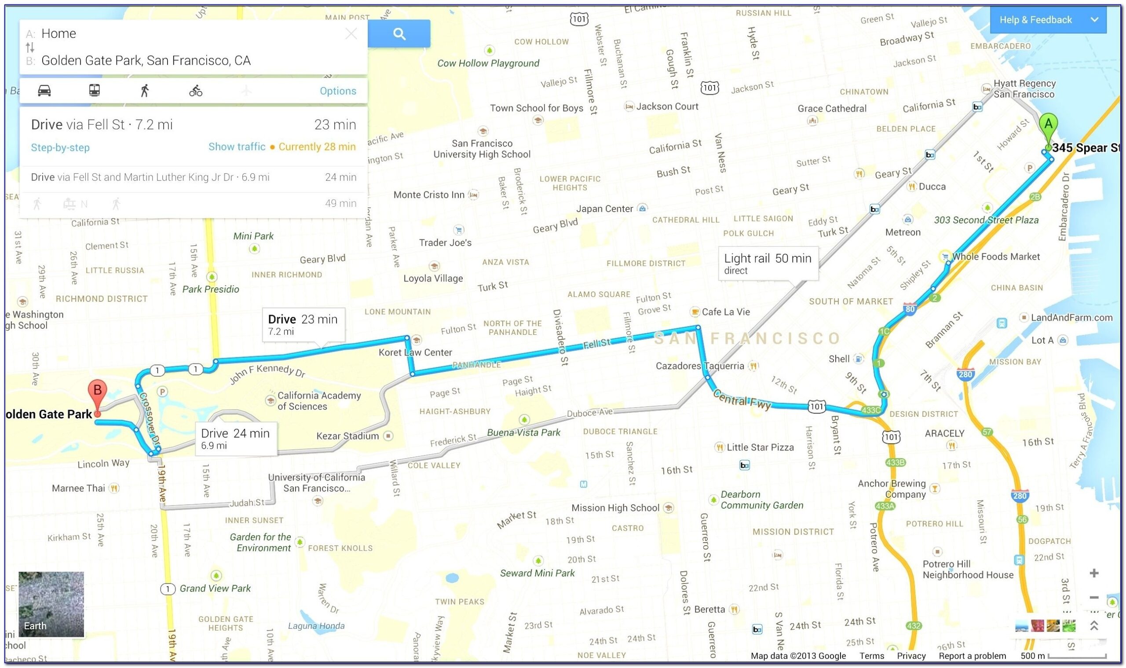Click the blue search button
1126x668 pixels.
pyautogui.click(x=398, y=34)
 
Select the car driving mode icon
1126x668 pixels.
pyautogui.click(x=44, y=91)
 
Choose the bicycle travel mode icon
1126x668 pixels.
pyautogui.click(x=196, y=92)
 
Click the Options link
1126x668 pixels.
pyautogui.click(x=338, y=92)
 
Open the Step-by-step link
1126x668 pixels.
pyautogui.click(x=60, y=148)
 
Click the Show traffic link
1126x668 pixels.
pyautogui.click(x=237, y=147)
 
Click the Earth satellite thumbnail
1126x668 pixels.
pyautogui.click(x=51, y=604)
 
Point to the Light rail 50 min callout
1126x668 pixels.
pyautogui.click(x=768, y=263)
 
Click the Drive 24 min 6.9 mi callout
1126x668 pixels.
pyautogui.click(x=235, y=438)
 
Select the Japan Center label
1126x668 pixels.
pyautogui.click(x=604, y=209)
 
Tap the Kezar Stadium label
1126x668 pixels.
pyautogui.click(x=347, y=436)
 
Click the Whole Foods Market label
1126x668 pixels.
pyautogui.click(x=995, y=257)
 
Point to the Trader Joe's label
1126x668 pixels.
pyautogui.click(x=445, y=242)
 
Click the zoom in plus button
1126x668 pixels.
pyautogui.click(x=1094, y=573)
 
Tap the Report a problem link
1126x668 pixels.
pyautogui.click(x=972, y=655)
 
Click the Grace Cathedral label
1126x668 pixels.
pyautogui.click(x=832, y=109)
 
